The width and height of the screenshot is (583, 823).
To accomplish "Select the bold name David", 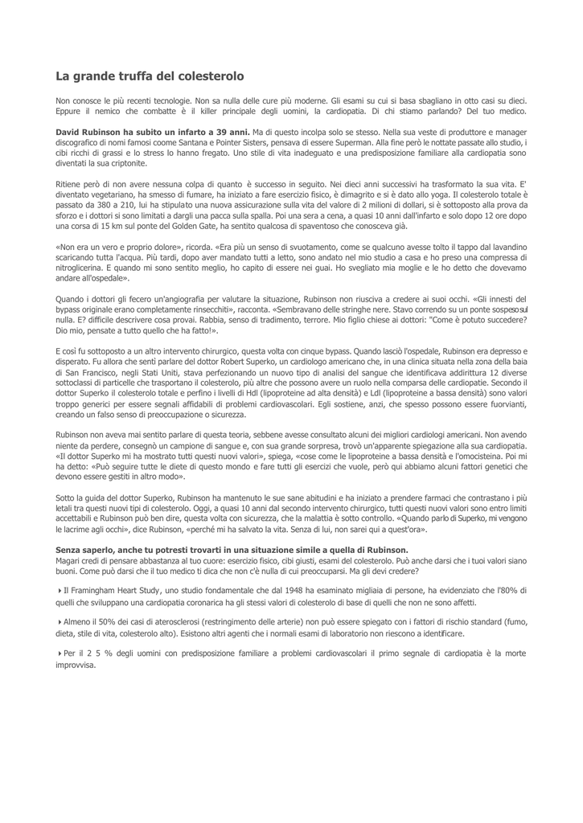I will [70, 130].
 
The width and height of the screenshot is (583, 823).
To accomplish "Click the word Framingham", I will [93, 592].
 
